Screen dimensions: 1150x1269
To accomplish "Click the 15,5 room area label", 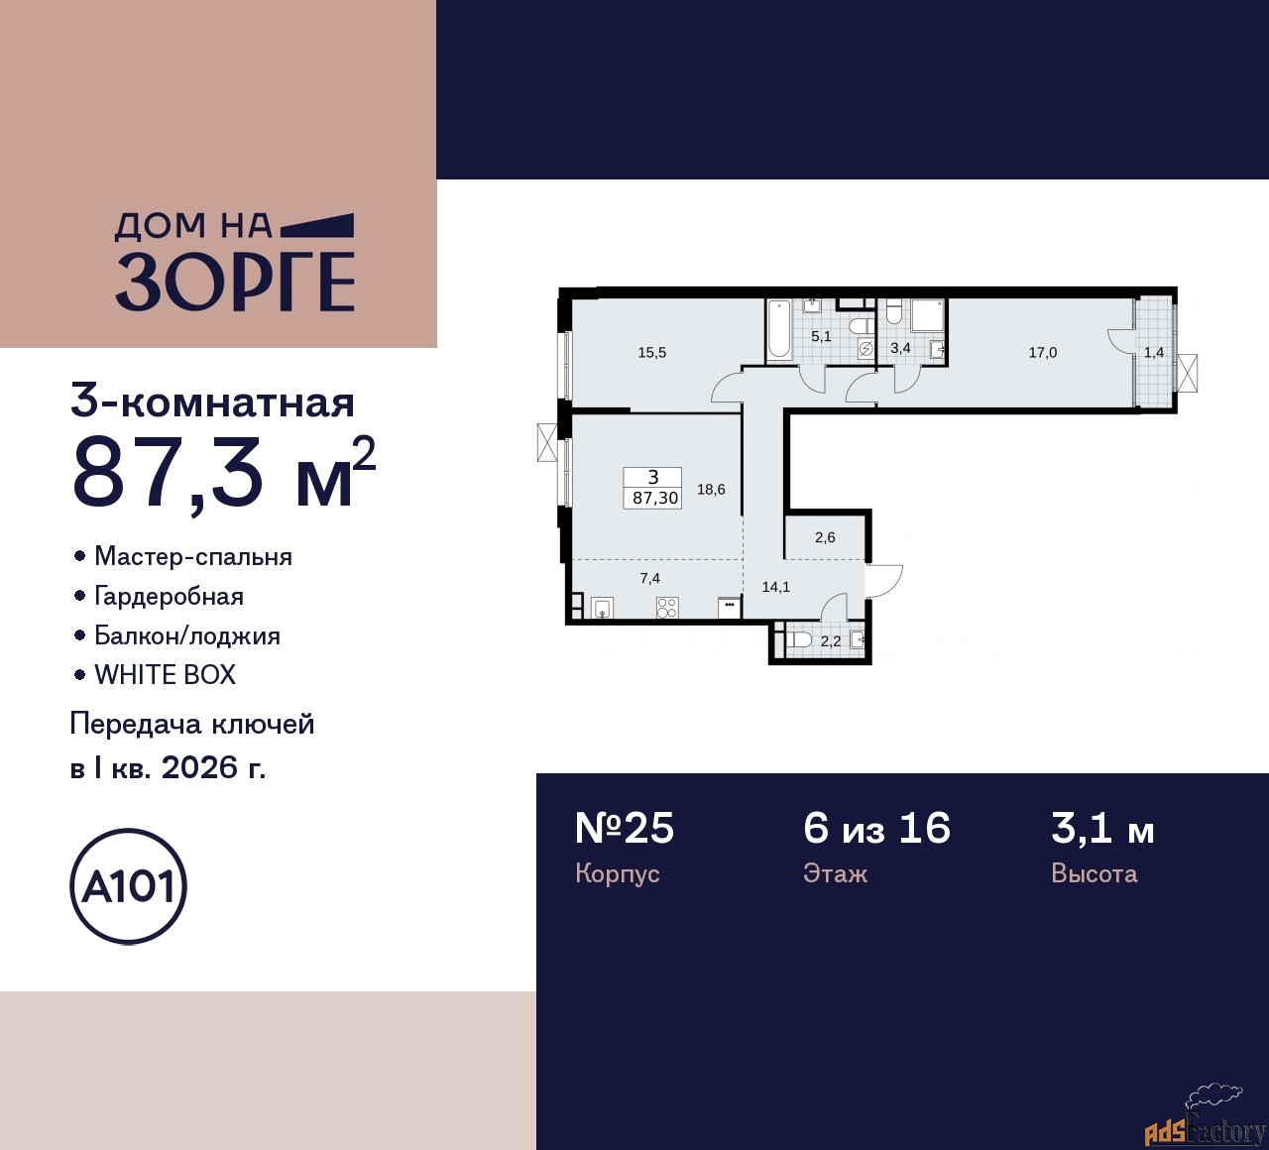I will tap(652, 353).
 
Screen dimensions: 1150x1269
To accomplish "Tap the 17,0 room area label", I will tap(1042, 353).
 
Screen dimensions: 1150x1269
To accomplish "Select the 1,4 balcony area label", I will tap(1154, 353).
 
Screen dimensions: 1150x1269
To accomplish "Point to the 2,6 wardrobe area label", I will tap(825, 537).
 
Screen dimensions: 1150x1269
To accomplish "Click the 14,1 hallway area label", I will tap(775, 587).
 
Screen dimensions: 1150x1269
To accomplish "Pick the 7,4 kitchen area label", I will tap(650, 578).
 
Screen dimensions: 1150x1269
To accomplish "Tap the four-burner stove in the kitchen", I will tap(666, 608).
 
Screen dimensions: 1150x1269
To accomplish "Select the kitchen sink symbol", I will tap(602, 608).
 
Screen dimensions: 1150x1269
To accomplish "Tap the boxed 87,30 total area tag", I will tap(654, 489).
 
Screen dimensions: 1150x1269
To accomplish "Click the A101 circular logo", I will tap(129, 885).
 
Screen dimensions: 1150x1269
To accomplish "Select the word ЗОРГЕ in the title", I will tap(236, 282).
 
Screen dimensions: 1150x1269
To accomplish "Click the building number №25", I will tap(625, 828).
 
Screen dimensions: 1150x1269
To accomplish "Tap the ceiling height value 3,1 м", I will tap(1102, 828).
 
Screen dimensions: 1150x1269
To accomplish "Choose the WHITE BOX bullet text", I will tap(165, 675).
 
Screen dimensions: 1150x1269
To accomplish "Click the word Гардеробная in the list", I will tap(169, 597).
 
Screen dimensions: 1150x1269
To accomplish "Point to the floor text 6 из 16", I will tap(876, 828).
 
